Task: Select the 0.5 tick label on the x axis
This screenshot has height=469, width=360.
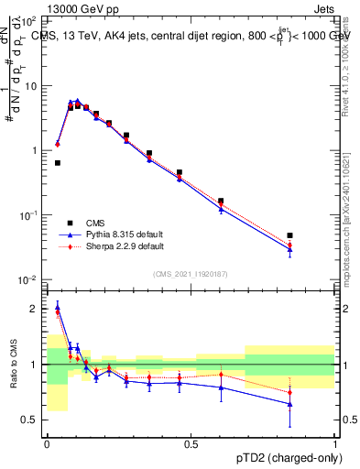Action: (191, 443)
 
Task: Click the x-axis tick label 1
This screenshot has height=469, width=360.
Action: (334, 443)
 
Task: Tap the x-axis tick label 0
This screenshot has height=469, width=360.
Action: (47, 443)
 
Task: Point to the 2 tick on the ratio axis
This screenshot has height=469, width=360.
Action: (34, 310)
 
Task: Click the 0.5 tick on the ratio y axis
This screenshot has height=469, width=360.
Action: (30, 420)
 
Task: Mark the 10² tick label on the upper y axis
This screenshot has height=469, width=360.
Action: (27, 20)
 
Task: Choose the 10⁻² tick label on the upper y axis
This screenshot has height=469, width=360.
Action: (27, 279)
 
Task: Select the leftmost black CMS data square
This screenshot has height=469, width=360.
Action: (58, 163)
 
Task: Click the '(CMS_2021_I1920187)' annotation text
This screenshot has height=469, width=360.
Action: (191, 272)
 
